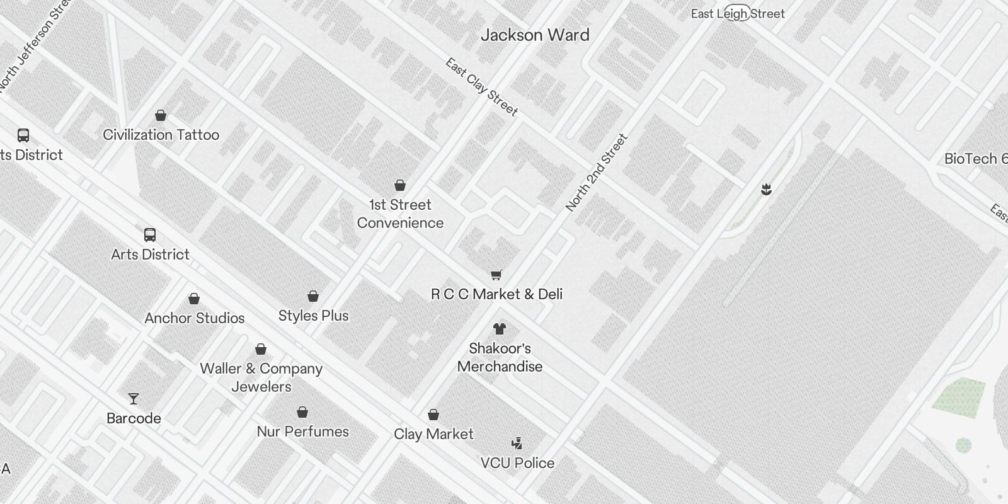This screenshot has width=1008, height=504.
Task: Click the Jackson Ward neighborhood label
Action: [535, 35]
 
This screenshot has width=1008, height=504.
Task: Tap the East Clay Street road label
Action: [482, 87]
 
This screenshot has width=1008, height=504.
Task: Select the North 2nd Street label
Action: [597, 173]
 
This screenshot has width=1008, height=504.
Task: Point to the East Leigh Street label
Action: [738, 14]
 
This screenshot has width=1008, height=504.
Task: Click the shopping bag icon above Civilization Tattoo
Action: [161, 115]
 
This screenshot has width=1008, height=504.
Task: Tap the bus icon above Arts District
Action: [150, 235]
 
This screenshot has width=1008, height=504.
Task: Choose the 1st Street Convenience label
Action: [400, 214]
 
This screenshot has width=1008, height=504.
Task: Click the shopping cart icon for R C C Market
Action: [496, 275]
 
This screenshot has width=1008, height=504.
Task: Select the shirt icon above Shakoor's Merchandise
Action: [500, 328]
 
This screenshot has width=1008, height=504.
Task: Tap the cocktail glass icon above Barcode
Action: [134, 399]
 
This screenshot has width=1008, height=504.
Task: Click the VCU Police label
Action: [517, 463]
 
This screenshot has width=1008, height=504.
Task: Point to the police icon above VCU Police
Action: [517, 444]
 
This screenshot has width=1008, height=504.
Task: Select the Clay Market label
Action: [433, 434]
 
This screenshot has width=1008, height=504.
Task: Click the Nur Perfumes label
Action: [302, 432]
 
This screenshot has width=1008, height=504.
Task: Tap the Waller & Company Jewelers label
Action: [261, 377]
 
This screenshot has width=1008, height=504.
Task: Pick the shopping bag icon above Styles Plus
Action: [313, 296]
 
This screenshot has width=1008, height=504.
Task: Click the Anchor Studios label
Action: [194, 318]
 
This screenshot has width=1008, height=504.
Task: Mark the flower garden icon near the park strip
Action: [766, 189]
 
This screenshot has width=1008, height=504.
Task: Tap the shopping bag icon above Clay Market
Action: [433, 415]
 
